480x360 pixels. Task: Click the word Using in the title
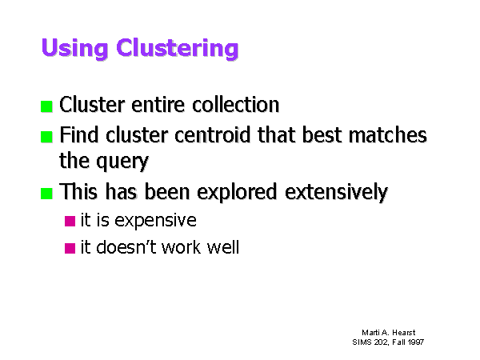pyautogui.click(x=74, y=48)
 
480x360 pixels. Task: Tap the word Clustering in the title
pyautogui.click(x=178, y=48)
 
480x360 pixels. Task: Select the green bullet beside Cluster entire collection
pyautogui.click(x=46, y=106)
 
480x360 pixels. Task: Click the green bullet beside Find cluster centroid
pyautogui.click(x=46, y=137)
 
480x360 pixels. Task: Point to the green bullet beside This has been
pyautogui.click(x=46, y=194)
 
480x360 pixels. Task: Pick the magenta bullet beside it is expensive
pyautogui.click(x=70, y=221)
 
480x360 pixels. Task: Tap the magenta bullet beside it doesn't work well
pyautogui.click(x=70, y=248)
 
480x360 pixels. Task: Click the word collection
pyautogui.click(x=236, y=104)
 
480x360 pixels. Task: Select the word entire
pyautogui.click(x=158, y=104)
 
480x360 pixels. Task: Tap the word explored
pyautogui.click(x=237, y=193)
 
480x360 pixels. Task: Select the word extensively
pyautogui.click(x=337, y=193)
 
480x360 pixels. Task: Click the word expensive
pyautogui.click(x=155, y=221)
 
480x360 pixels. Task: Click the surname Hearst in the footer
pyautogui.click(x=404, y=333)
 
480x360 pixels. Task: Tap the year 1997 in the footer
pyautogui.click(x=416, y=342)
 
